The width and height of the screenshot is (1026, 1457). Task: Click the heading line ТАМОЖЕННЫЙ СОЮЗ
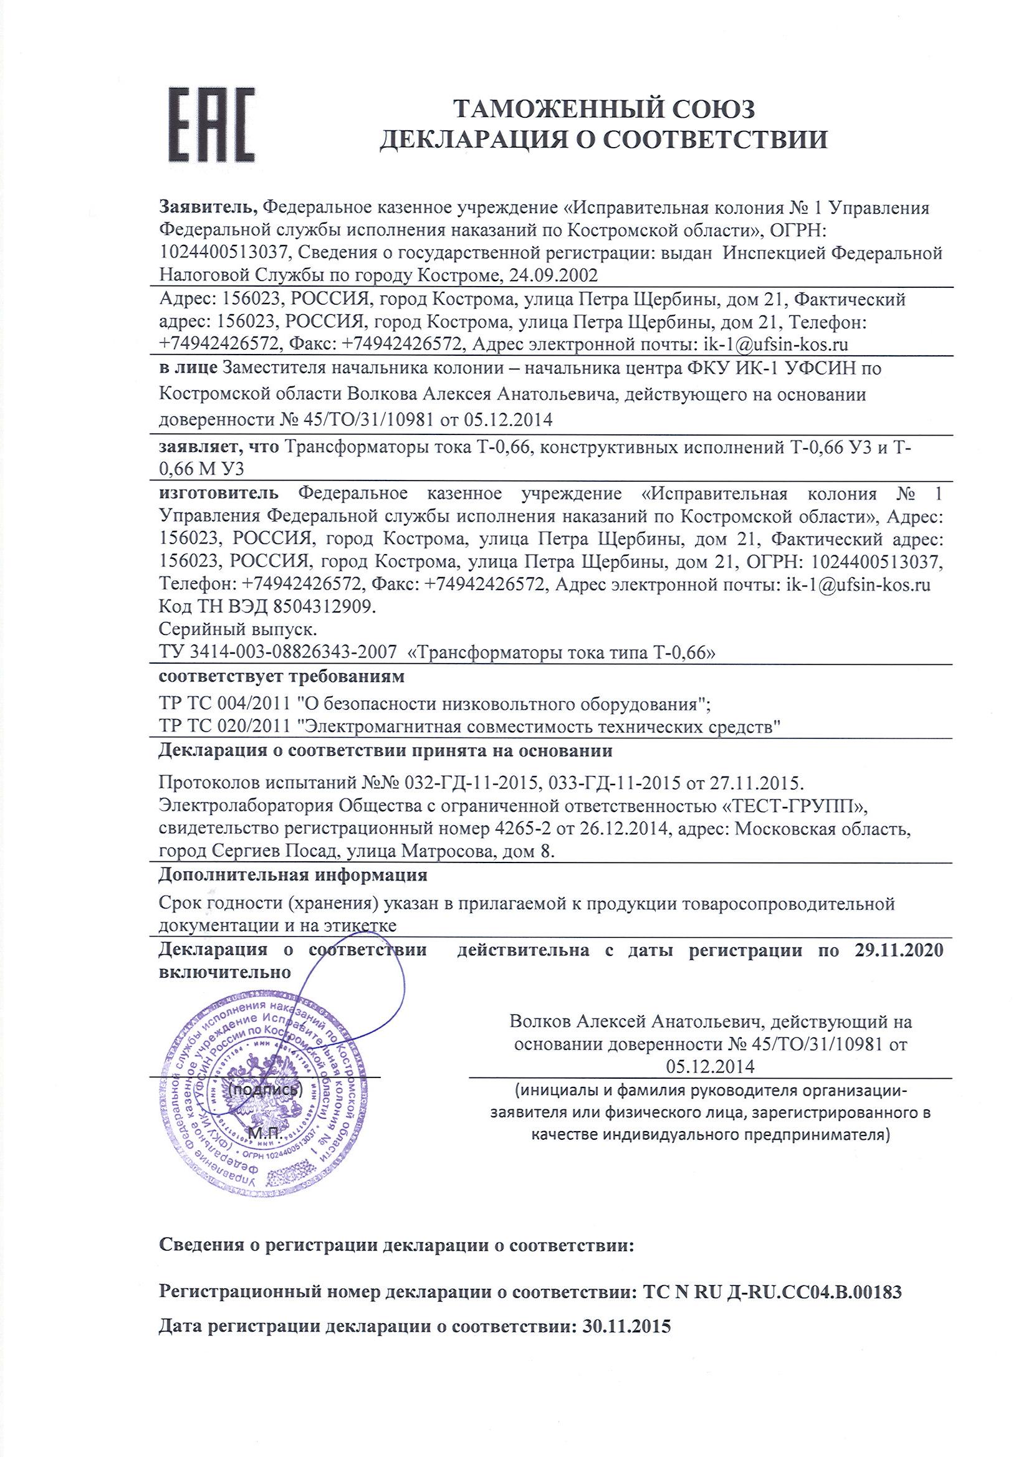(603, 110)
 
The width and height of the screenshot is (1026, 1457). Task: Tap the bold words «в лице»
(188, 368)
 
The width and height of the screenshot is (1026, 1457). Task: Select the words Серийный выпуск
(238, 629)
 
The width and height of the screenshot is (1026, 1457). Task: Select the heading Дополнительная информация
(292, 876)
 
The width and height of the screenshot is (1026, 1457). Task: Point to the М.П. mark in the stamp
(263, 1134)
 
